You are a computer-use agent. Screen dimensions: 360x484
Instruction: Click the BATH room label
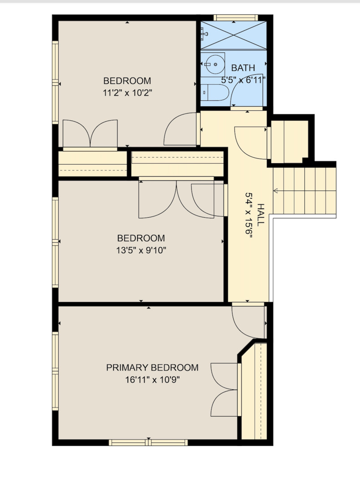243,68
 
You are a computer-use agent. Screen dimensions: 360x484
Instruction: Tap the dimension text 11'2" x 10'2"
127,93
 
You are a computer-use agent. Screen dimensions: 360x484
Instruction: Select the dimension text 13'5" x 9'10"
141,250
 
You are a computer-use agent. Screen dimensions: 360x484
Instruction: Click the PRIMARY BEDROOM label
152,367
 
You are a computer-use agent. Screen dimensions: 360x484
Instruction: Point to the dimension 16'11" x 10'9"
152,380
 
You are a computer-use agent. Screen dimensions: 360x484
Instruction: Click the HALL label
261,215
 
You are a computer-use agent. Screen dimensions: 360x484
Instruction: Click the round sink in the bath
215,65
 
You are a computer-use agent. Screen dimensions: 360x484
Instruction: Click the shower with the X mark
234,35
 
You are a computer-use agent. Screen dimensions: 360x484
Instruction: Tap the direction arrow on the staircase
276,191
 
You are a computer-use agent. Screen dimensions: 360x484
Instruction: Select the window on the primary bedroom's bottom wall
148,443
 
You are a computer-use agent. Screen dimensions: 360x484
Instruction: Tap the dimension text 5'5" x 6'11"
243,80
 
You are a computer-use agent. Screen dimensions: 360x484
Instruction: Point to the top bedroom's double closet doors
90,134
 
